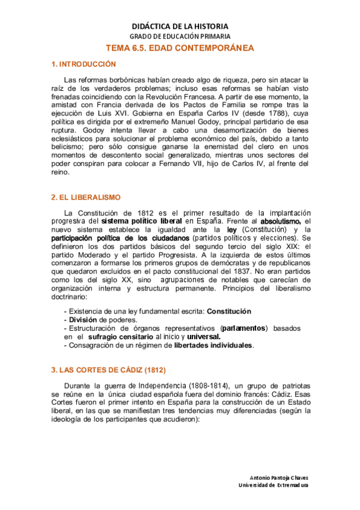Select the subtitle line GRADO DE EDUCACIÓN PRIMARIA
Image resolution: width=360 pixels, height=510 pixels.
coord(180,37)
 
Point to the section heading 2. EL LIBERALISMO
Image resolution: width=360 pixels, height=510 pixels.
coord(87,197)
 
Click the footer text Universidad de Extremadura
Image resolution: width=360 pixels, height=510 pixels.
coord(273,485)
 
